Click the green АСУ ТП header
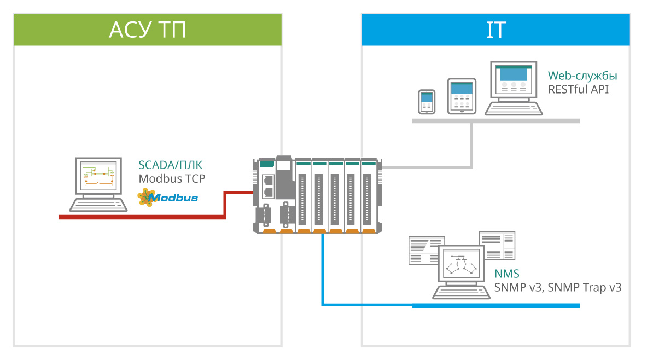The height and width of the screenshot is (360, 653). [148, 30]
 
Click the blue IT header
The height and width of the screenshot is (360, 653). [495, 30]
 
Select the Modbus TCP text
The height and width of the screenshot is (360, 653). [172, 178]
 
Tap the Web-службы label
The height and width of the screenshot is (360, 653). [579, 76]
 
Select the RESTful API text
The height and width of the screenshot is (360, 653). [579, 89]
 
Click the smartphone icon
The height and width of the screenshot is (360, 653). [427, 101]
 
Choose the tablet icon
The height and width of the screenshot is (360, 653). [462, 96]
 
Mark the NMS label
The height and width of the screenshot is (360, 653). [507, 274]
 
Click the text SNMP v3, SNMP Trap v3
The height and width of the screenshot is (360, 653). [558, 287]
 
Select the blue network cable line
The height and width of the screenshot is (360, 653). [323, 274]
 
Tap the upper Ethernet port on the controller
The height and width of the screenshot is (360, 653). [269, 180]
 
